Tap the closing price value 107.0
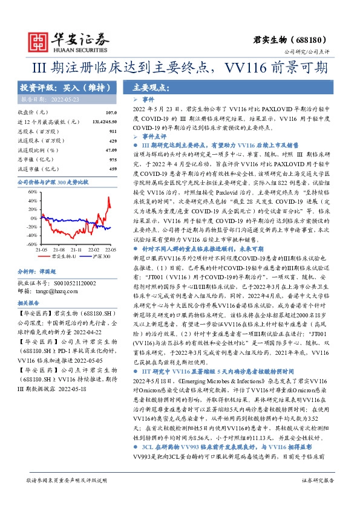(110, 112)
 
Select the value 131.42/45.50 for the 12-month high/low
(102, 122)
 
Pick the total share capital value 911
(113, 131)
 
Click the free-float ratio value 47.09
(111, 149)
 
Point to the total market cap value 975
(113, 158)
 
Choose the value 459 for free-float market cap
(113, 168)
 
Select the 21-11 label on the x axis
(76, 248)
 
